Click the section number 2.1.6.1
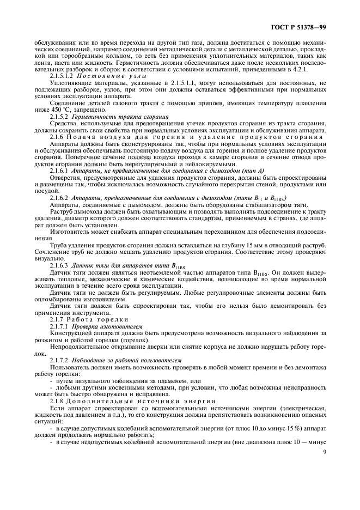(60, 171)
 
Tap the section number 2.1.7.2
(60, 360)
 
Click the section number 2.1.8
(58, 401)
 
